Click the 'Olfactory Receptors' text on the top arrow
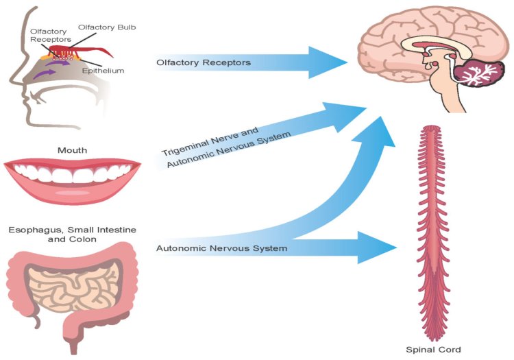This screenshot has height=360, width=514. (x=203, y=63)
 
